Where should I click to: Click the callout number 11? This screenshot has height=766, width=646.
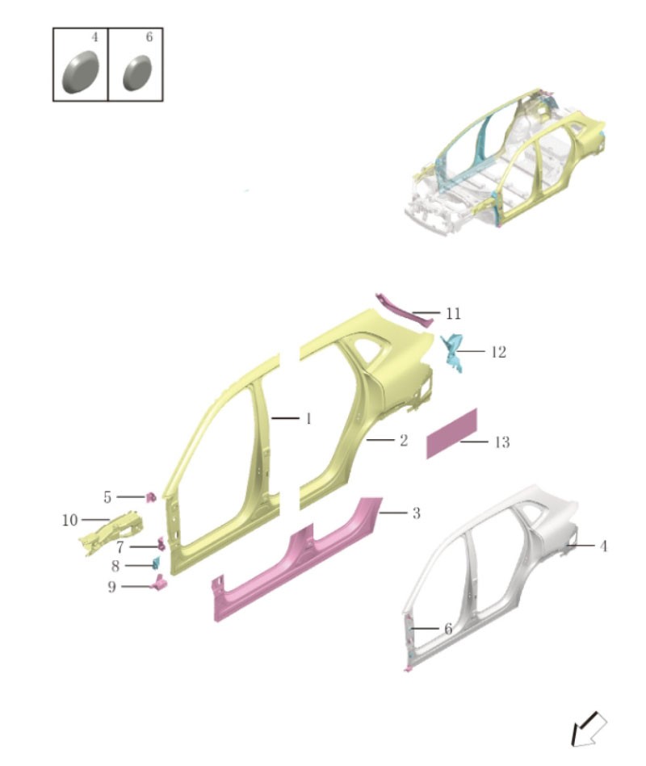453,313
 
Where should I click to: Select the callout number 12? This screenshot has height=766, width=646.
498,352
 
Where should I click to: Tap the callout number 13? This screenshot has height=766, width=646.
501,442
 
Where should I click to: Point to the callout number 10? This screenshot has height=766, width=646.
70,521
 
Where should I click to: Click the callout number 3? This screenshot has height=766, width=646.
416,513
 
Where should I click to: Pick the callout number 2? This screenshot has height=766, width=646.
403,441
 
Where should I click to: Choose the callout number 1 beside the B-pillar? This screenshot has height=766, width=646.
308,419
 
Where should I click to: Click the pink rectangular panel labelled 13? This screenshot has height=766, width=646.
451,433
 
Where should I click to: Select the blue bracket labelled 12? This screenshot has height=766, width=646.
452,352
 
